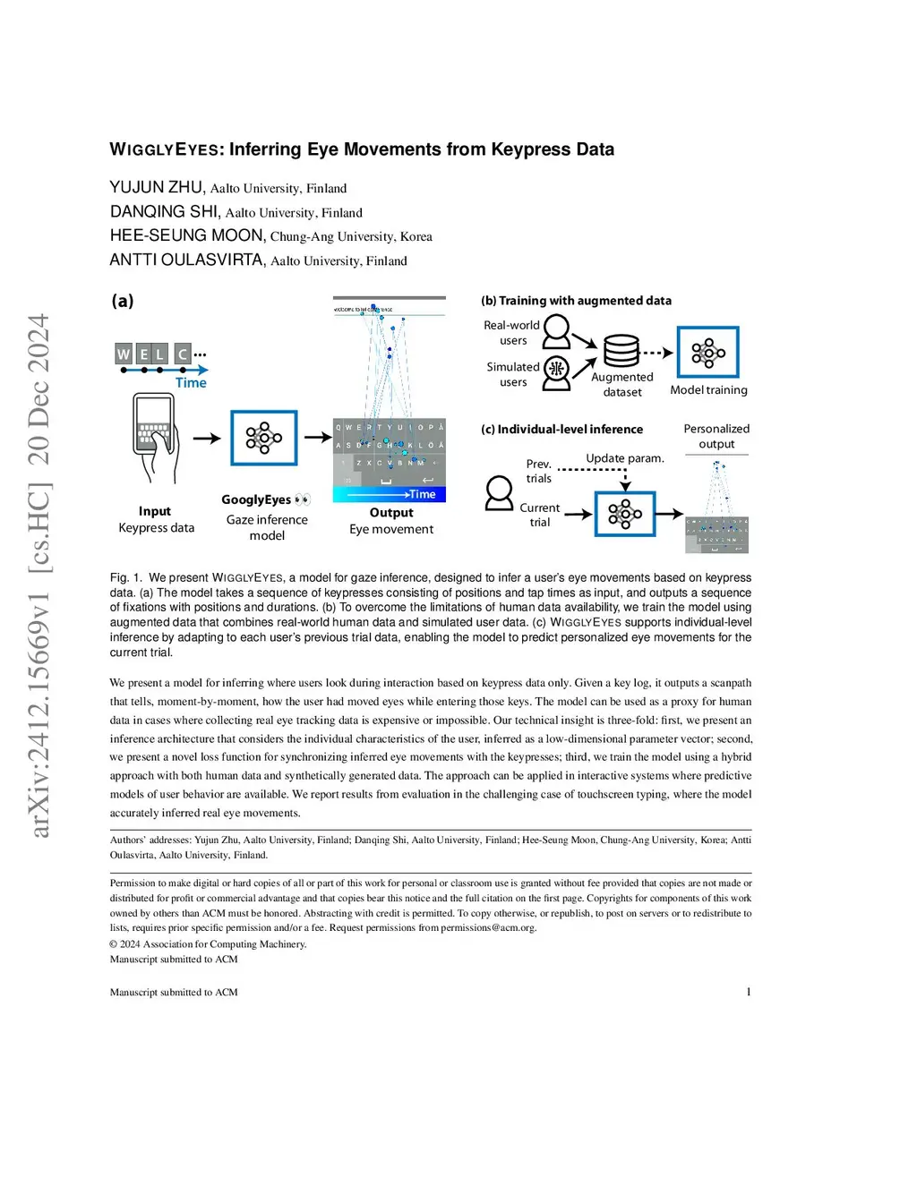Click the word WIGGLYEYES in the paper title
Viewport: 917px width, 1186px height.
coord(167,149)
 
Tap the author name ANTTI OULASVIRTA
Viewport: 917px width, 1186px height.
coord(186,260)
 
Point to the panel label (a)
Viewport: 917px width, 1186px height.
coord(123,301)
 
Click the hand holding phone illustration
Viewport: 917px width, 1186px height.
coord(156,438)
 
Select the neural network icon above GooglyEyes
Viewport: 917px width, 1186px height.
coord(263,438)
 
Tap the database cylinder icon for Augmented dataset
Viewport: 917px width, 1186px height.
coord(621,351)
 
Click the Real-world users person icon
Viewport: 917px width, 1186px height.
coord(556,331)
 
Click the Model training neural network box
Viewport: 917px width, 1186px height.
coord(707,352)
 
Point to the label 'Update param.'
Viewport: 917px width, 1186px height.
coord(625,458)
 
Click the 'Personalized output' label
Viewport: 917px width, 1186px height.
coord(716,436)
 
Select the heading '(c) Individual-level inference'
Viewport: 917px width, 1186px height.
coord(561,430)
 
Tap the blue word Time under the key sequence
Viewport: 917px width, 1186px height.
coord(191,383)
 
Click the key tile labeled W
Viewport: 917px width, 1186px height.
coord(124,354)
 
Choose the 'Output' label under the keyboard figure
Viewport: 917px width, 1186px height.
coord(391,513)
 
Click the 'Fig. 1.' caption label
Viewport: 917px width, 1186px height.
coord(126,577)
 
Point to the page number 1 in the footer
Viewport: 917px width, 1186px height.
coord(749,992)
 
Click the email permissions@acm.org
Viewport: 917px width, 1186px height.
coord(488,927)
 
